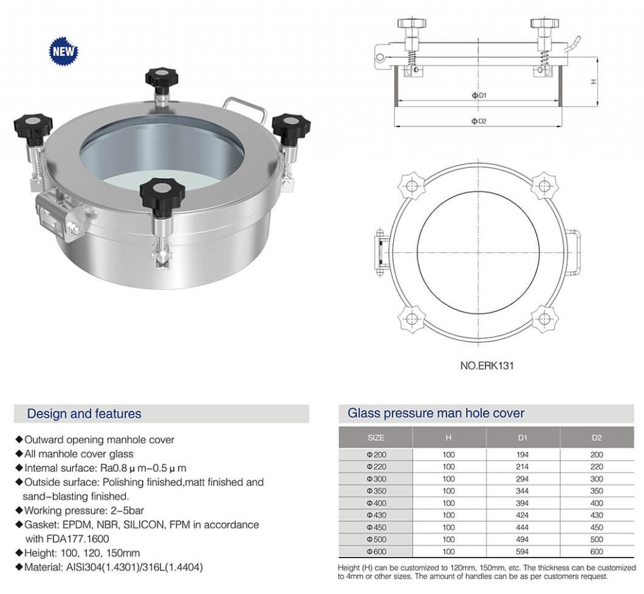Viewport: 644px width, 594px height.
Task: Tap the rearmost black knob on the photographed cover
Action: point(162,78)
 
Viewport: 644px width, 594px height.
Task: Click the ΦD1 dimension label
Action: point(479,96)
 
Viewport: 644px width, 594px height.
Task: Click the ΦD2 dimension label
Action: point(479,121)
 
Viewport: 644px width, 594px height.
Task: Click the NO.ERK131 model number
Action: point(487,365)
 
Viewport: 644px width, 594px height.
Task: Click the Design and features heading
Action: point(84,414)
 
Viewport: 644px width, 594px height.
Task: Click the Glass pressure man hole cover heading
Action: point(436,413)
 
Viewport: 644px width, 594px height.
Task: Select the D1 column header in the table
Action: point(523,437)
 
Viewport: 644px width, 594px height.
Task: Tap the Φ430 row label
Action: point(375,515)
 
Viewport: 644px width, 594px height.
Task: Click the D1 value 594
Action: point(523,551)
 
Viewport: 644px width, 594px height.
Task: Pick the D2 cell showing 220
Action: point(596,467)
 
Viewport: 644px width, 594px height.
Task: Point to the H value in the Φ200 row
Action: point(448,454)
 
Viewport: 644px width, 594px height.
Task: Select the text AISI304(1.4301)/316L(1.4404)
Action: point(134,567)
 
